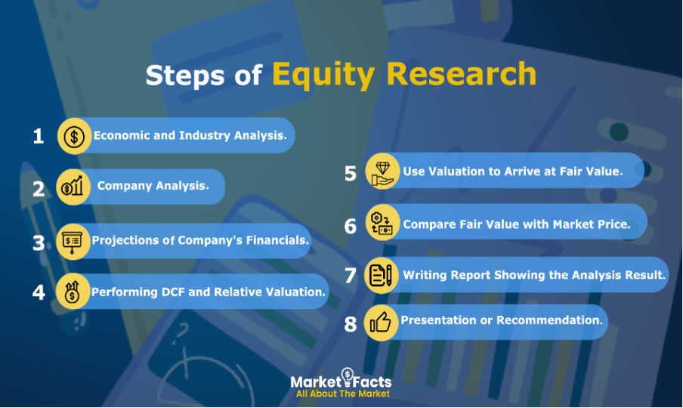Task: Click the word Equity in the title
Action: click(323, 75)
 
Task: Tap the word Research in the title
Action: click(462, 73)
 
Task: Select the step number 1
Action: click(39, 136)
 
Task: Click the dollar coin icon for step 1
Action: click(74, 136)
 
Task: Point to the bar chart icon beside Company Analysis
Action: click(73, 187)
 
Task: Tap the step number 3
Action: click(39, 243)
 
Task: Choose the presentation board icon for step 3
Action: click(72, 242)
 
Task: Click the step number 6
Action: click(351, 226)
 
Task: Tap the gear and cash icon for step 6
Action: click(381, 224)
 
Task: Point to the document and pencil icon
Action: click(380, 275)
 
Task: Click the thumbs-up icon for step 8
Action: click(380, 323)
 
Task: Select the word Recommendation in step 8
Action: click(550, 320)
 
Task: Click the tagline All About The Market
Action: click(343, 394)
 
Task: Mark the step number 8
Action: click(351, 324)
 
